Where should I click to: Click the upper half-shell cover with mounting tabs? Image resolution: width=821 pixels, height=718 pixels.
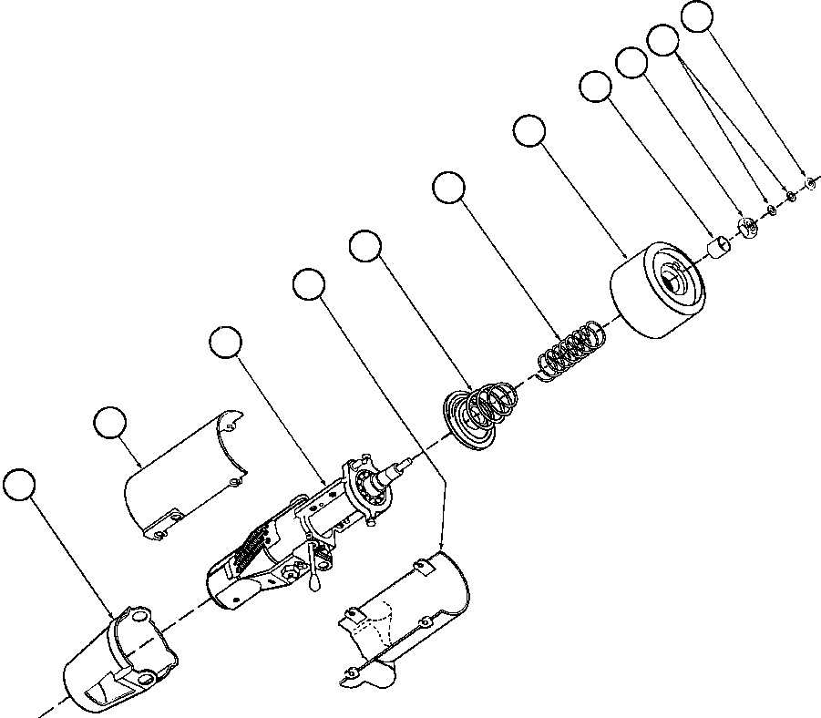(x=182, y=474)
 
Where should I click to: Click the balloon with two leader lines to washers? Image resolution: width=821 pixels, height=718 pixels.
(x=662, y=39)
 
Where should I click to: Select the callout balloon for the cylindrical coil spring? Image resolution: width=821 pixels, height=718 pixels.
(x=447, y=188)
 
